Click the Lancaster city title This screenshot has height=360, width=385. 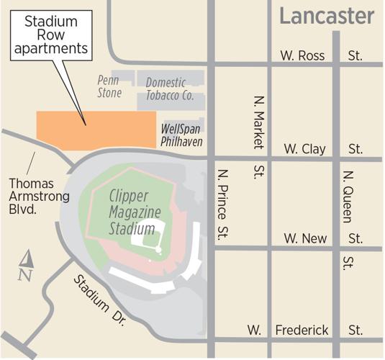click(327, 16)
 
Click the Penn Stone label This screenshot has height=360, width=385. click(110, 87)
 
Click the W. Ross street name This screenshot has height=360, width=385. click(304, 55)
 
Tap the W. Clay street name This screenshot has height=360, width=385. click(304, 149)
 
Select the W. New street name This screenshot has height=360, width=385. click(304, 238)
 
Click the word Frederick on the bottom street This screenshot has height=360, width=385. click(302, 330)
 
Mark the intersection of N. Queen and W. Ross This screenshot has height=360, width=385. click(337, 65)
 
